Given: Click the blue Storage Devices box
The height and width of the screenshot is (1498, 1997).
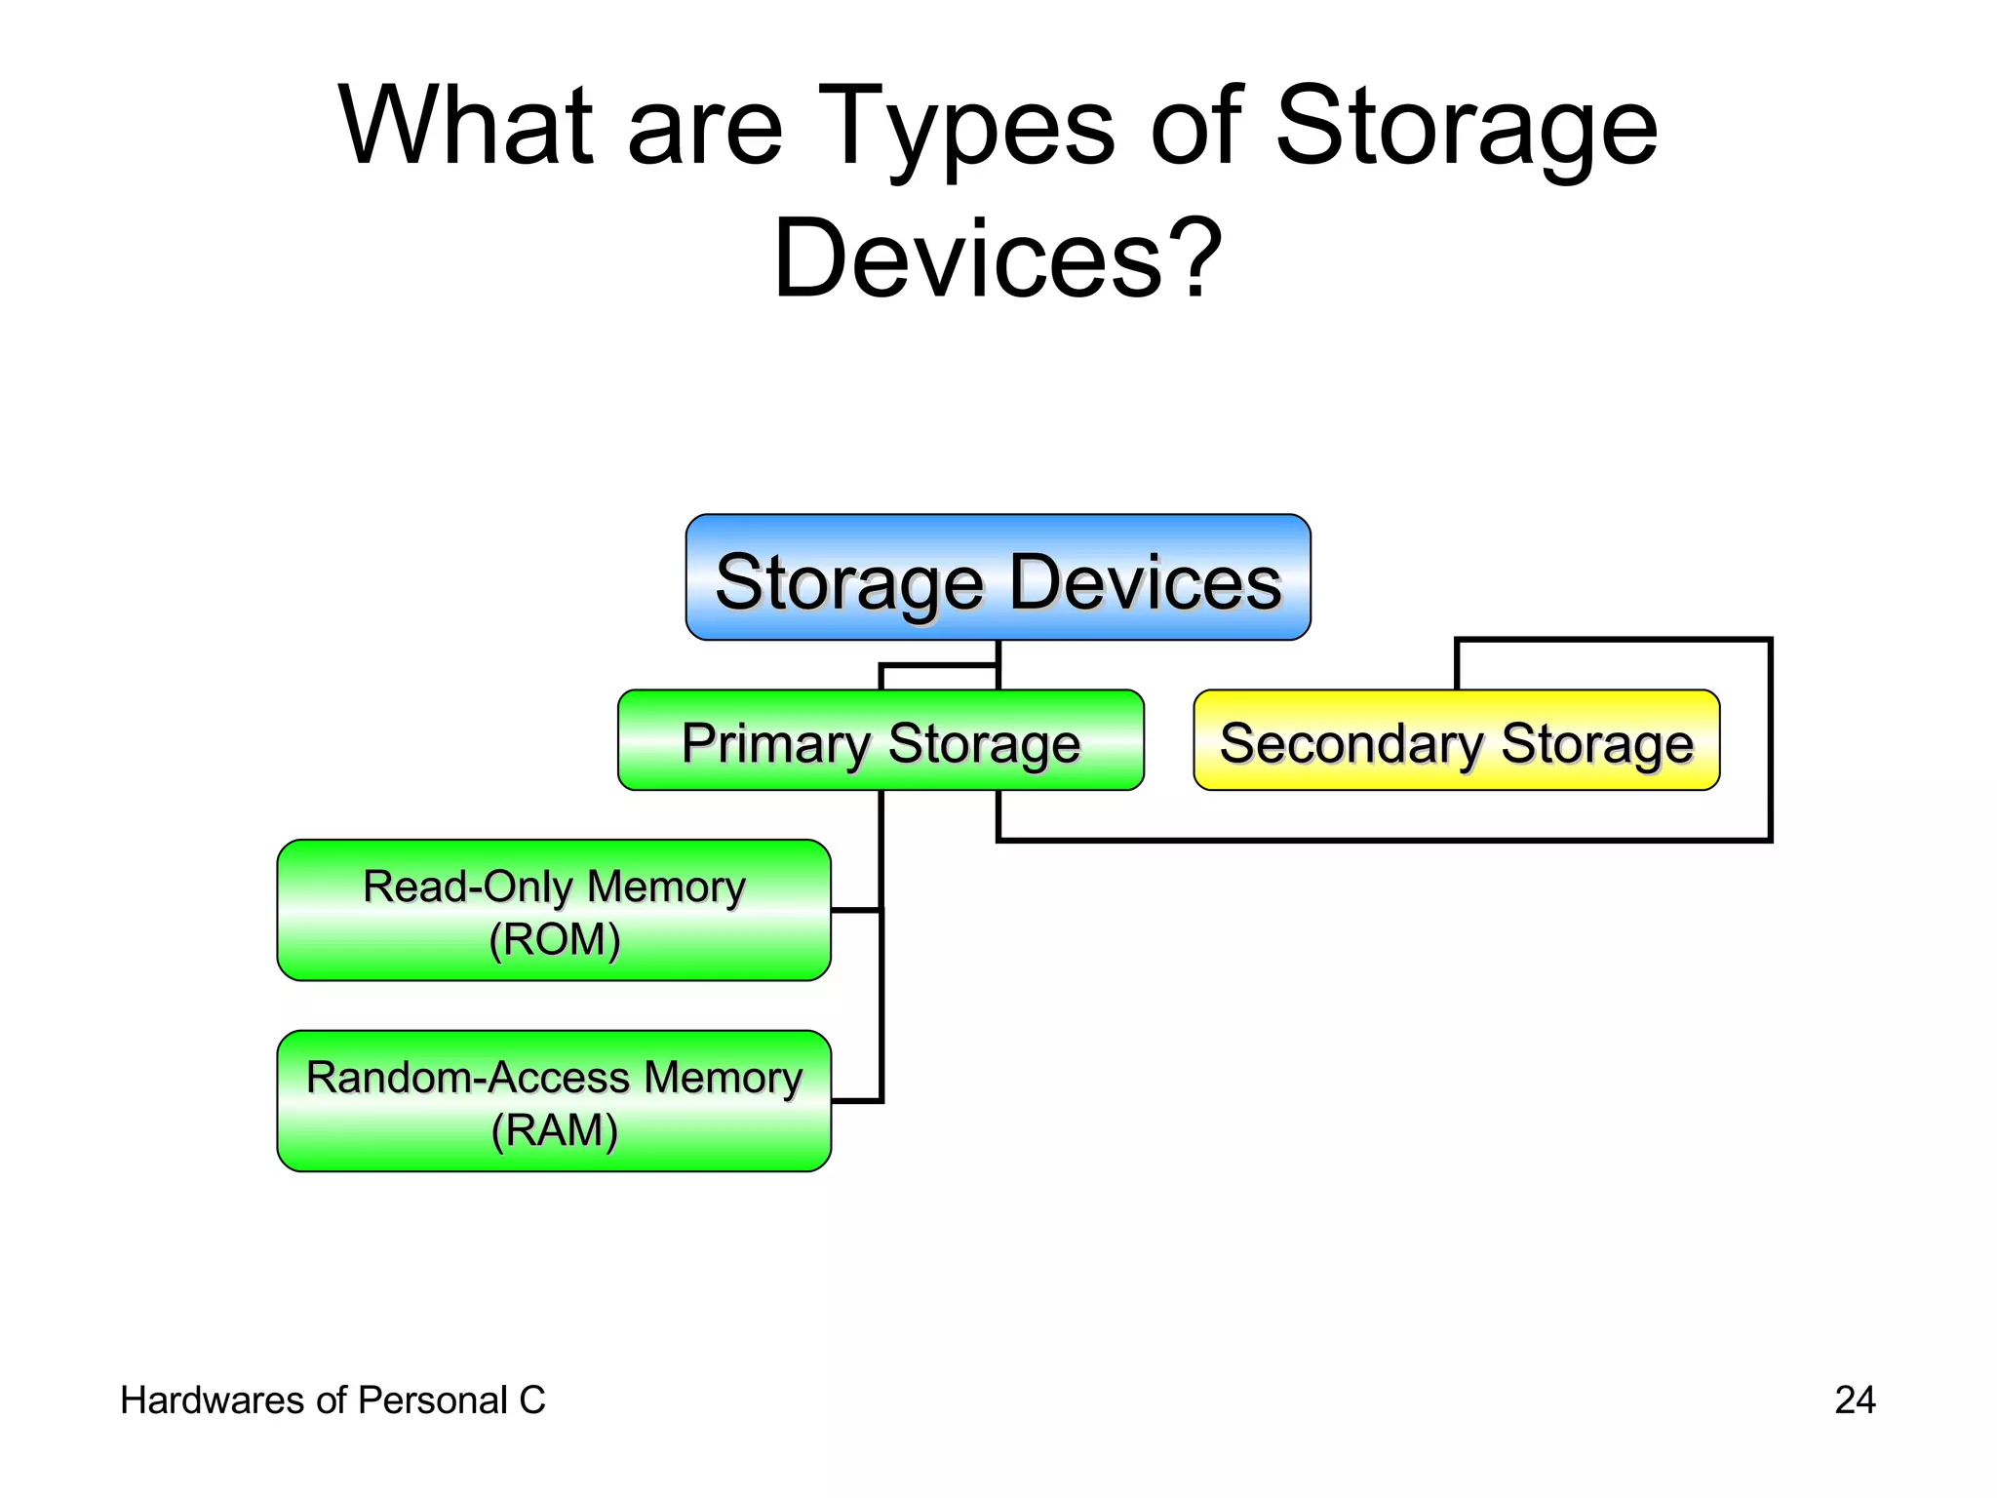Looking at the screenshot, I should [998, 577].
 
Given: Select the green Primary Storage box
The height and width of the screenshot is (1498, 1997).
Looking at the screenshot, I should [881, 741].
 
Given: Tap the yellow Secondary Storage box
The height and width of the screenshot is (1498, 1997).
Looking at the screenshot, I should [1456, 741].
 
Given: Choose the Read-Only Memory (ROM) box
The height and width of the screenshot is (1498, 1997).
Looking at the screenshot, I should [554, 910].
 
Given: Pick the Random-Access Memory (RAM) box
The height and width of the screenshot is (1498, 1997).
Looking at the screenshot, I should [554, 1101].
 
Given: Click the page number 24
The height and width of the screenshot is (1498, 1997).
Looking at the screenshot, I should [1854, 1400].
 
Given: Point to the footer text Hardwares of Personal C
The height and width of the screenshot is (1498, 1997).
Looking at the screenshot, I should [333, 1400].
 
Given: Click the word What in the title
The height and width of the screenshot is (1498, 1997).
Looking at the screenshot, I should [465, 127].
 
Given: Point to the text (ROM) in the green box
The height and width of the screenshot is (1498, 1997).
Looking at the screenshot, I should [554, 939].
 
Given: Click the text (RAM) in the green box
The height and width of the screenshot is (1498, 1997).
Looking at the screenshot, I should [554, 1130].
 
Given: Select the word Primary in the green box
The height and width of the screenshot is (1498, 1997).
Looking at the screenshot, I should [775, 743].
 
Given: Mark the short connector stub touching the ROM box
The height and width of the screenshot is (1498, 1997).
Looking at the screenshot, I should [855, 910].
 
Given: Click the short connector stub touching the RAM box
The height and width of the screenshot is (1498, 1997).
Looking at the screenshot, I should [855, 1101].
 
